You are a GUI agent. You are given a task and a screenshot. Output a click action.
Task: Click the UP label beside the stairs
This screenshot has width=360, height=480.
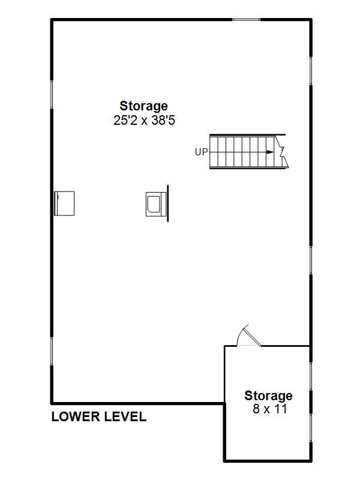click(201, 152)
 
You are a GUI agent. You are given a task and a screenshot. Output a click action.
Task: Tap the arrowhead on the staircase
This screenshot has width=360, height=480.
click(270, 152)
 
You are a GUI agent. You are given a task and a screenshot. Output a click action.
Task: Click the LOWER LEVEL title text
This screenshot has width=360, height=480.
click(99, 416)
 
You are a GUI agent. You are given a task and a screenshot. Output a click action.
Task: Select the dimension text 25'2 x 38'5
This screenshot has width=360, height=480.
click(144, 121)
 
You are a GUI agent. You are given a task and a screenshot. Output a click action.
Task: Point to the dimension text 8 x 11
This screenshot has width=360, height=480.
click(269, 409)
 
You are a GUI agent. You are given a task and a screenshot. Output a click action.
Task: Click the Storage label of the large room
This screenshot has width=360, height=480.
click(143, 106)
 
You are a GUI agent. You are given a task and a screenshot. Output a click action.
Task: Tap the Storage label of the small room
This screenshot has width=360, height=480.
click(268, 396)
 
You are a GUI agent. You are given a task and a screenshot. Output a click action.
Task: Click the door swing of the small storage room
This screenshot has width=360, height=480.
click(248, 335)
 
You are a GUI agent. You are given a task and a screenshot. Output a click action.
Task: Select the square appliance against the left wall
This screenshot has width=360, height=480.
click(64, 203)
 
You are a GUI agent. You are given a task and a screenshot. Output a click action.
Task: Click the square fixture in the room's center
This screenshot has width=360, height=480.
click(156, 204)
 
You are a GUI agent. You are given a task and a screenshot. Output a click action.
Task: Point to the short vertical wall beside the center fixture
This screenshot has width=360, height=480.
click(168, 203)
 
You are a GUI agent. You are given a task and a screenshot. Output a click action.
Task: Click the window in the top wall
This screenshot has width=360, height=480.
click(246, 20)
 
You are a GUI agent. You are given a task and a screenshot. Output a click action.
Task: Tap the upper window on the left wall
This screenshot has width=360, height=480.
click(52, 95)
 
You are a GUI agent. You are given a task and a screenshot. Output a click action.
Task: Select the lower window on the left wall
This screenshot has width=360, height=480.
click(52, 351)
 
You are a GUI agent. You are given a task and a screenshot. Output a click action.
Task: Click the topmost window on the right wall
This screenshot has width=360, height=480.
click(311, 71)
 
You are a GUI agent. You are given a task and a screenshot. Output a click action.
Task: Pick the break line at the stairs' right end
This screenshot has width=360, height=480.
click(282, 152)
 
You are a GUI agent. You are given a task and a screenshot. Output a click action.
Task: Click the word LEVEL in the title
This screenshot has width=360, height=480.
click(125, 416)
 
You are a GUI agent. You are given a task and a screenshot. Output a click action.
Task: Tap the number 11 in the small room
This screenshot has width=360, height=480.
click(280, 409)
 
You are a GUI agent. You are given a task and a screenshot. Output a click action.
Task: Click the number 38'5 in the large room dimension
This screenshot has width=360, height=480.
click(163, 121)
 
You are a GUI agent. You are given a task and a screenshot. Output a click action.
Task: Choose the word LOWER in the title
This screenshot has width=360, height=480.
click(76, 416)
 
